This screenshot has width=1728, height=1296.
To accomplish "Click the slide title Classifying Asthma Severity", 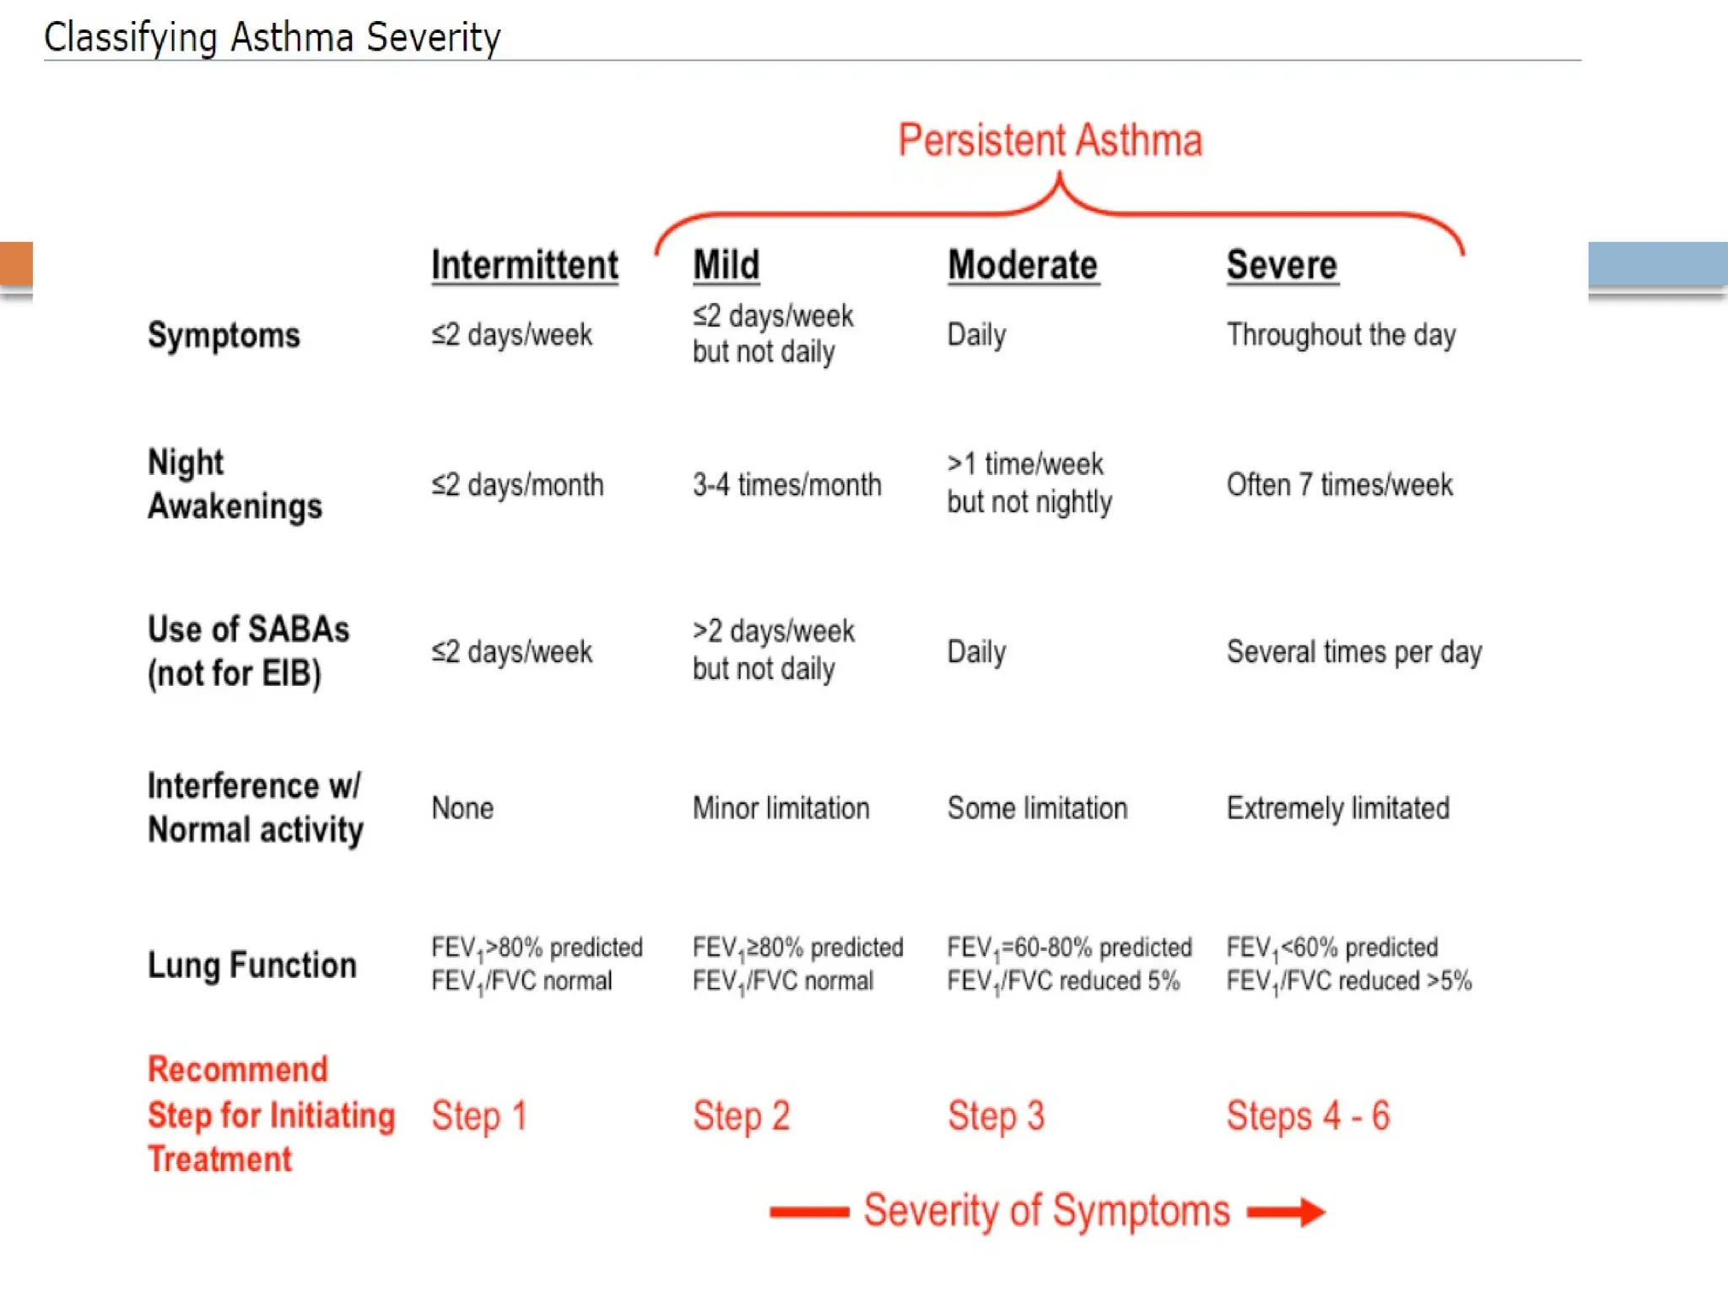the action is pyautogui.click(x=272, y=38).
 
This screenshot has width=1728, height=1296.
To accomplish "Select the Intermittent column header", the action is pyautogui.click(x=524, y=265).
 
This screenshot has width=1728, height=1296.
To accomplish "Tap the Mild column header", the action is pyautogui.click(x=726, y=265).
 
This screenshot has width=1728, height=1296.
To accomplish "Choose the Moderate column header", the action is pyautogui.click(x=1023, y=265).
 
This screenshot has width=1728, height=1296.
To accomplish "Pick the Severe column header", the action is pyautogui.click(x=1282, y=265).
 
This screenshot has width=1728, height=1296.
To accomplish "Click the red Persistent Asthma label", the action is pyautogui.click(x=1050, y=140).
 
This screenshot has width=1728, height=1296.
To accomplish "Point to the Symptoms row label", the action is pyautogui.click(x=224, y=335).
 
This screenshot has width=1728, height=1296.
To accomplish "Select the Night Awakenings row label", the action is pyautogui.click(x=235, y=484).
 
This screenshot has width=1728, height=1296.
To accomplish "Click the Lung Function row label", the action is pyautogui.click(x=251, y=964).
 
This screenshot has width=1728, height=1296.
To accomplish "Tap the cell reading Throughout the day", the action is pyautogui.click(x=1341, y=335).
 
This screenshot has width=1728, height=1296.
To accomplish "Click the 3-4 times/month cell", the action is pyautogui.click(x=786, y=485).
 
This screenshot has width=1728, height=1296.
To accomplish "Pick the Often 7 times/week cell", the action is pyautogui.click(x=1339, y=485).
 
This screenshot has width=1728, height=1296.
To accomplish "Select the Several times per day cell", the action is pyautogui.click(x=1353, y=652).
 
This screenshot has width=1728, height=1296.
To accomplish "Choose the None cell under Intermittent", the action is pyautogui.click(x=462, y=808).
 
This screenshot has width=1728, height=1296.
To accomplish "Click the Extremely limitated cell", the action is pyautogui.click(x=1337, y=808).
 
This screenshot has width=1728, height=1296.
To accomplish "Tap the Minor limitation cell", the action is pyautogui.click(x=780, y=808).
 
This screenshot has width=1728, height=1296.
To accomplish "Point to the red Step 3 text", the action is pyautogui.click(x=996, y=1116).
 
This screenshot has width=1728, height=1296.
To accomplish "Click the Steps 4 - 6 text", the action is pyautogui.click(x=1307, y=1116).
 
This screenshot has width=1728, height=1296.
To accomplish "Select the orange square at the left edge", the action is pyautogui.click(x=16, y=264).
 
